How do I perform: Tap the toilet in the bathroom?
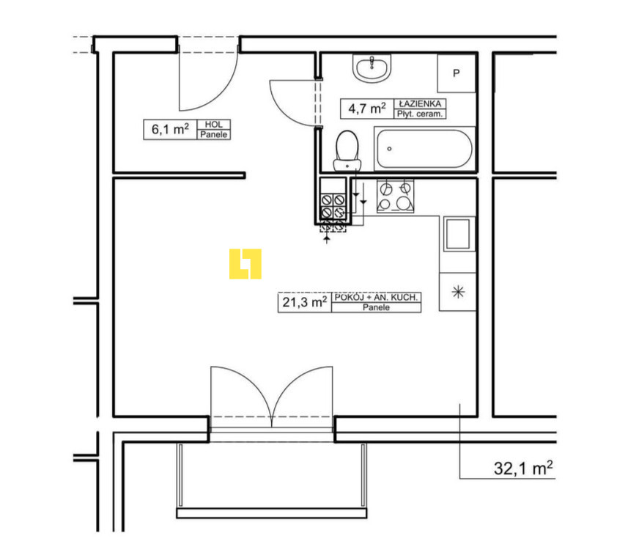[347, 151]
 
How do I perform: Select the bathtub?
[424, 149]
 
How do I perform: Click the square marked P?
[457, 73]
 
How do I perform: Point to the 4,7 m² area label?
[366, 109]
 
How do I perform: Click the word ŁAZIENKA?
[420, 104]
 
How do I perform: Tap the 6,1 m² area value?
[170, 129]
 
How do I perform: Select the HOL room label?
[214, 125]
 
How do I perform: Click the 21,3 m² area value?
[305, 302]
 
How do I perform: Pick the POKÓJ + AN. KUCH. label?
[376, 297]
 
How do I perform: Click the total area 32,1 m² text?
[523, 468]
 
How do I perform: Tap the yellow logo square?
[245, 264]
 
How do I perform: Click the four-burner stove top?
[396, 196]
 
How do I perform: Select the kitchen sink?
[459, 234]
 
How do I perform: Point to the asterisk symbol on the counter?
[458, 292]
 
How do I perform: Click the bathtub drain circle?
[389, 149]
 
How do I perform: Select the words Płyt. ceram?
[419, 114]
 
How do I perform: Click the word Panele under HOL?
[214, 135]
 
